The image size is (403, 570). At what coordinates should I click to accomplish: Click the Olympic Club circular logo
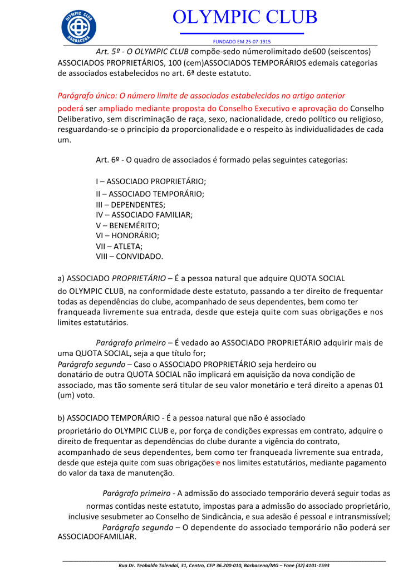pos(78,24)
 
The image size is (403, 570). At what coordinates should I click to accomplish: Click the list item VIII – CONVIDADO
pos(130,256)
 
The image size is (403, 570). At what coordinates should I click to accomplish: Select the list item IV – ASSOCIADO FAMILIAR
pos(144,215)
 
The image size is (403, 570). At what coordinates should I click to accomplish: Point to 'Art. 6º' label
pos(109,160)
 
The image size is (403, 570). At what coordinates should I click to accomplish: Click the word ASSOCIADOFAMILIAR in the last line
pos(97,538)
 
